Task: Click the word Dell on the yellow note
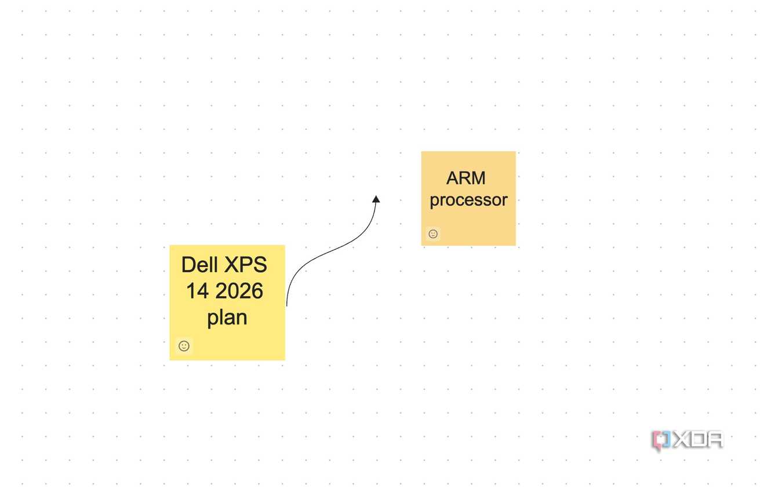click(x=199, y=265)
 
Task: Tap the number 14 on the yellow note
click(x=197, y=291)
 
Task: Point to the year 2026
click(x=239, y=291)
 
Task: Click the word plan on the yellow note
click(x=227, y=318)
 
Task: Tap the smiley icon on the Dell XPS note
click(x=184, y=346)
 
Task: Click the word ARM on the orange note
click(x=466, y=178)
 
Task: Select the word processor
click(x=468, y=200)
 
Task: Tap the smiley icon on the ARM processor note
click(x=433, y=233)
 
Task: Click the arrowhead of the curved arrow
click(x=376, y=199)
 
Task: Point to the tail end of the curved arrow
click(x=287, y=306)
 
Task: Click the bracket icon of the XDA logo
click(x=661, y=440)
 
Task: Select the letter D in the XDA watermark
click(x=698, y=440)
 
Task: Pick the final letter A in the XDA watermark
click(x=715, y=440)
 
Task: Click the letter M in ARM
click(x=478, y=178)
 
